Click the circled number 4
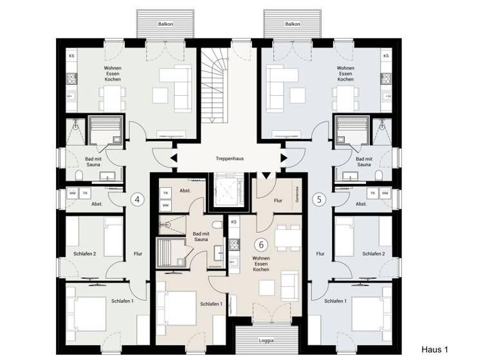137,199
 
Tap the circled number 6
261,244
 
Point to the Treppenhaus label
228,157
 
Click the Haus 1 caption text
434,350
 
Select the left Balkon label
165,24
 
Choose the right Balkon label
291,24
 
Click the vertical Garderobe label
297,194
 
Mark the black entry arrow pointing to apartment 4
173,158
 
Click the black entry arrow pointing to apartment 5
284,158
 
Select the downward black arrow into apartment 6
265,175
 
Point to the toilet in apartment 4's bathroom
77,175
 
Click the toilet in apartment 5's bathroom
380,175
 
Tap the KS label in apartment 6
234,222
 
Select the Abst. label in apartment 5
361,204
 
